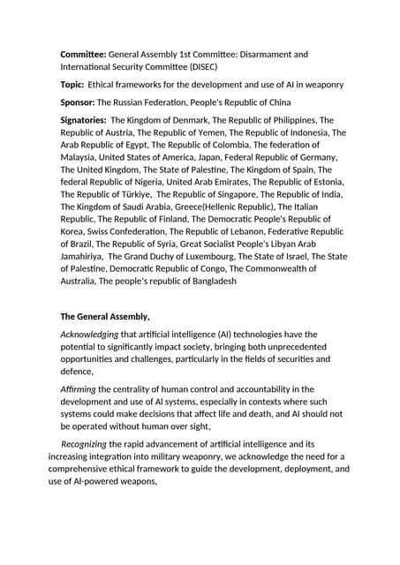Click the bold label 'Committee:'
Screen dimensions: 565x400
[x=83, y=55]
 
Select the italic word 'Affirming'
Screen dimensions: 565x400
[x=78, y=389]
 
